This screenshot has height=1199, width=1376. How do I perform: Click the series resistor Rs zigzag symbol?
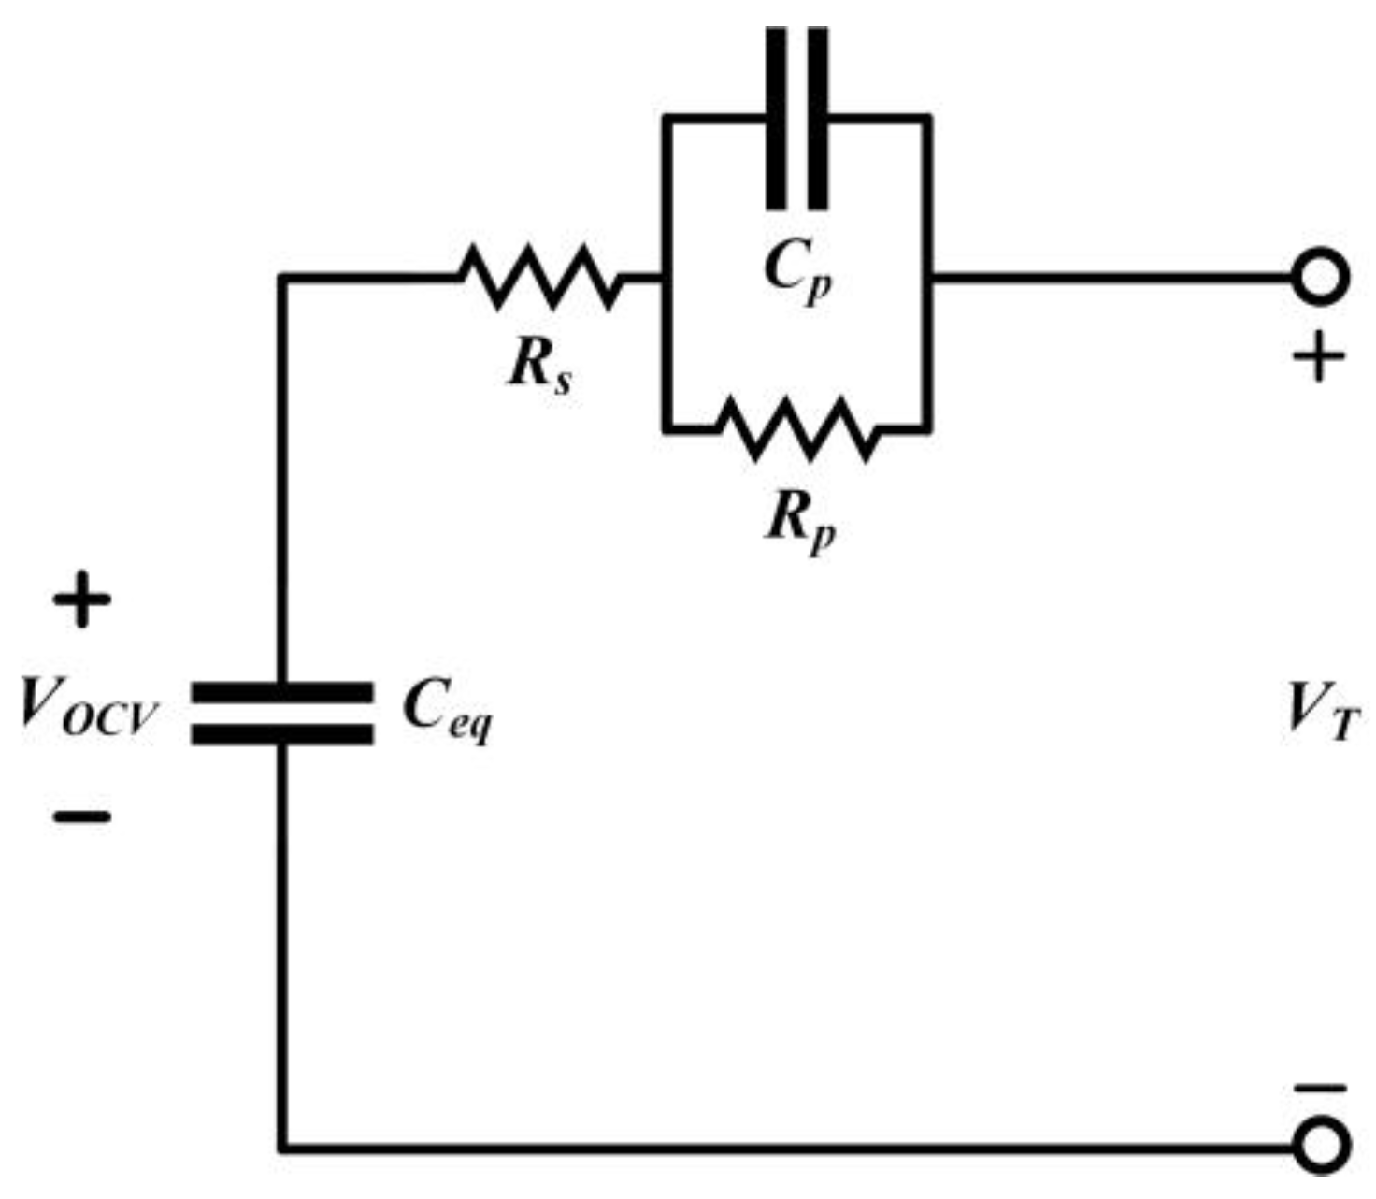pyautogui.click(x=539, y=277)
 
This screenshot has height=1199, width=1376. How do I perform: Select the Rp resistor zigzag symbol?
pyautogui.click(x=797, y=429)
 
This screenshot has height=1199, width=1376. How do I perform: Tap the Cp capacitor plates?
pyautogui.click(x=796, y=118)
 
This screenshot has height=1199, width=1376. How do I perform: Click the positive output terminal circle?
pyautogui.click(x=1320, y=278)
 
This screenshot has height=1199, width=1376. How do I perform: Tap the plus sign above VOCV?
pyautogui.click(x=82, y=599)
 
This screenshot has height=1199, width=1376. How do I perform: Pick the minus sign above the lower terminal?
pyautogui.click(x=1320, y=1089)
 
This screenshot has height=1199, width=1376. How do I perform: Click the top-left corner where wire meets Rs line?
pyautogui.click(x=282, y=278)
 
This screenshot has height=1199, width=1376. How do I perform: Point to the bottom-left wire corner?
pyautogui.click(x=282, y=1146)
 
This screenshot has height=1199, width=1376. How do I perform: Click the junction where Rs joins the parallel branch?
pyautogui.click(x=665, y=278)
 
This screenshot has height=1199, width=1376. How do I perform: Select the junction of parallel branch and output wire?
pyautogui.click(x=928, y=278)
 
